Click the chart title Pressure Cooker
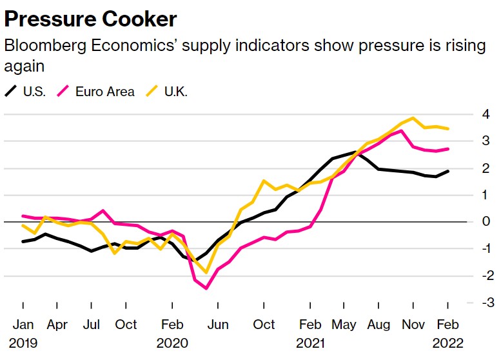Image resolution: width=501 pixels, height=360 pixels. coord(90,19)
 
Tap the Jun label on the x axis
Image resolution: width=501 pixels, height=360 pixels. coord(219,324)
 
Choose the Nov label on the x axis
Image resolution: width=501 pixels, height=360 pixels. coord(413,324)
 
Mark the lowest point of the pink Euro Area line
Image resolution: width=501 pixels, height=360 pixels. coord(206,288)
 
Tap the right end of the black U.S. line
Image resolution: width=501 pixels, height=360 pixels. coord(448,171)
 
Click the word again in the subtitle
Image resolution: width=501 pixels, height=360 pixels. coord(23,66)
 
